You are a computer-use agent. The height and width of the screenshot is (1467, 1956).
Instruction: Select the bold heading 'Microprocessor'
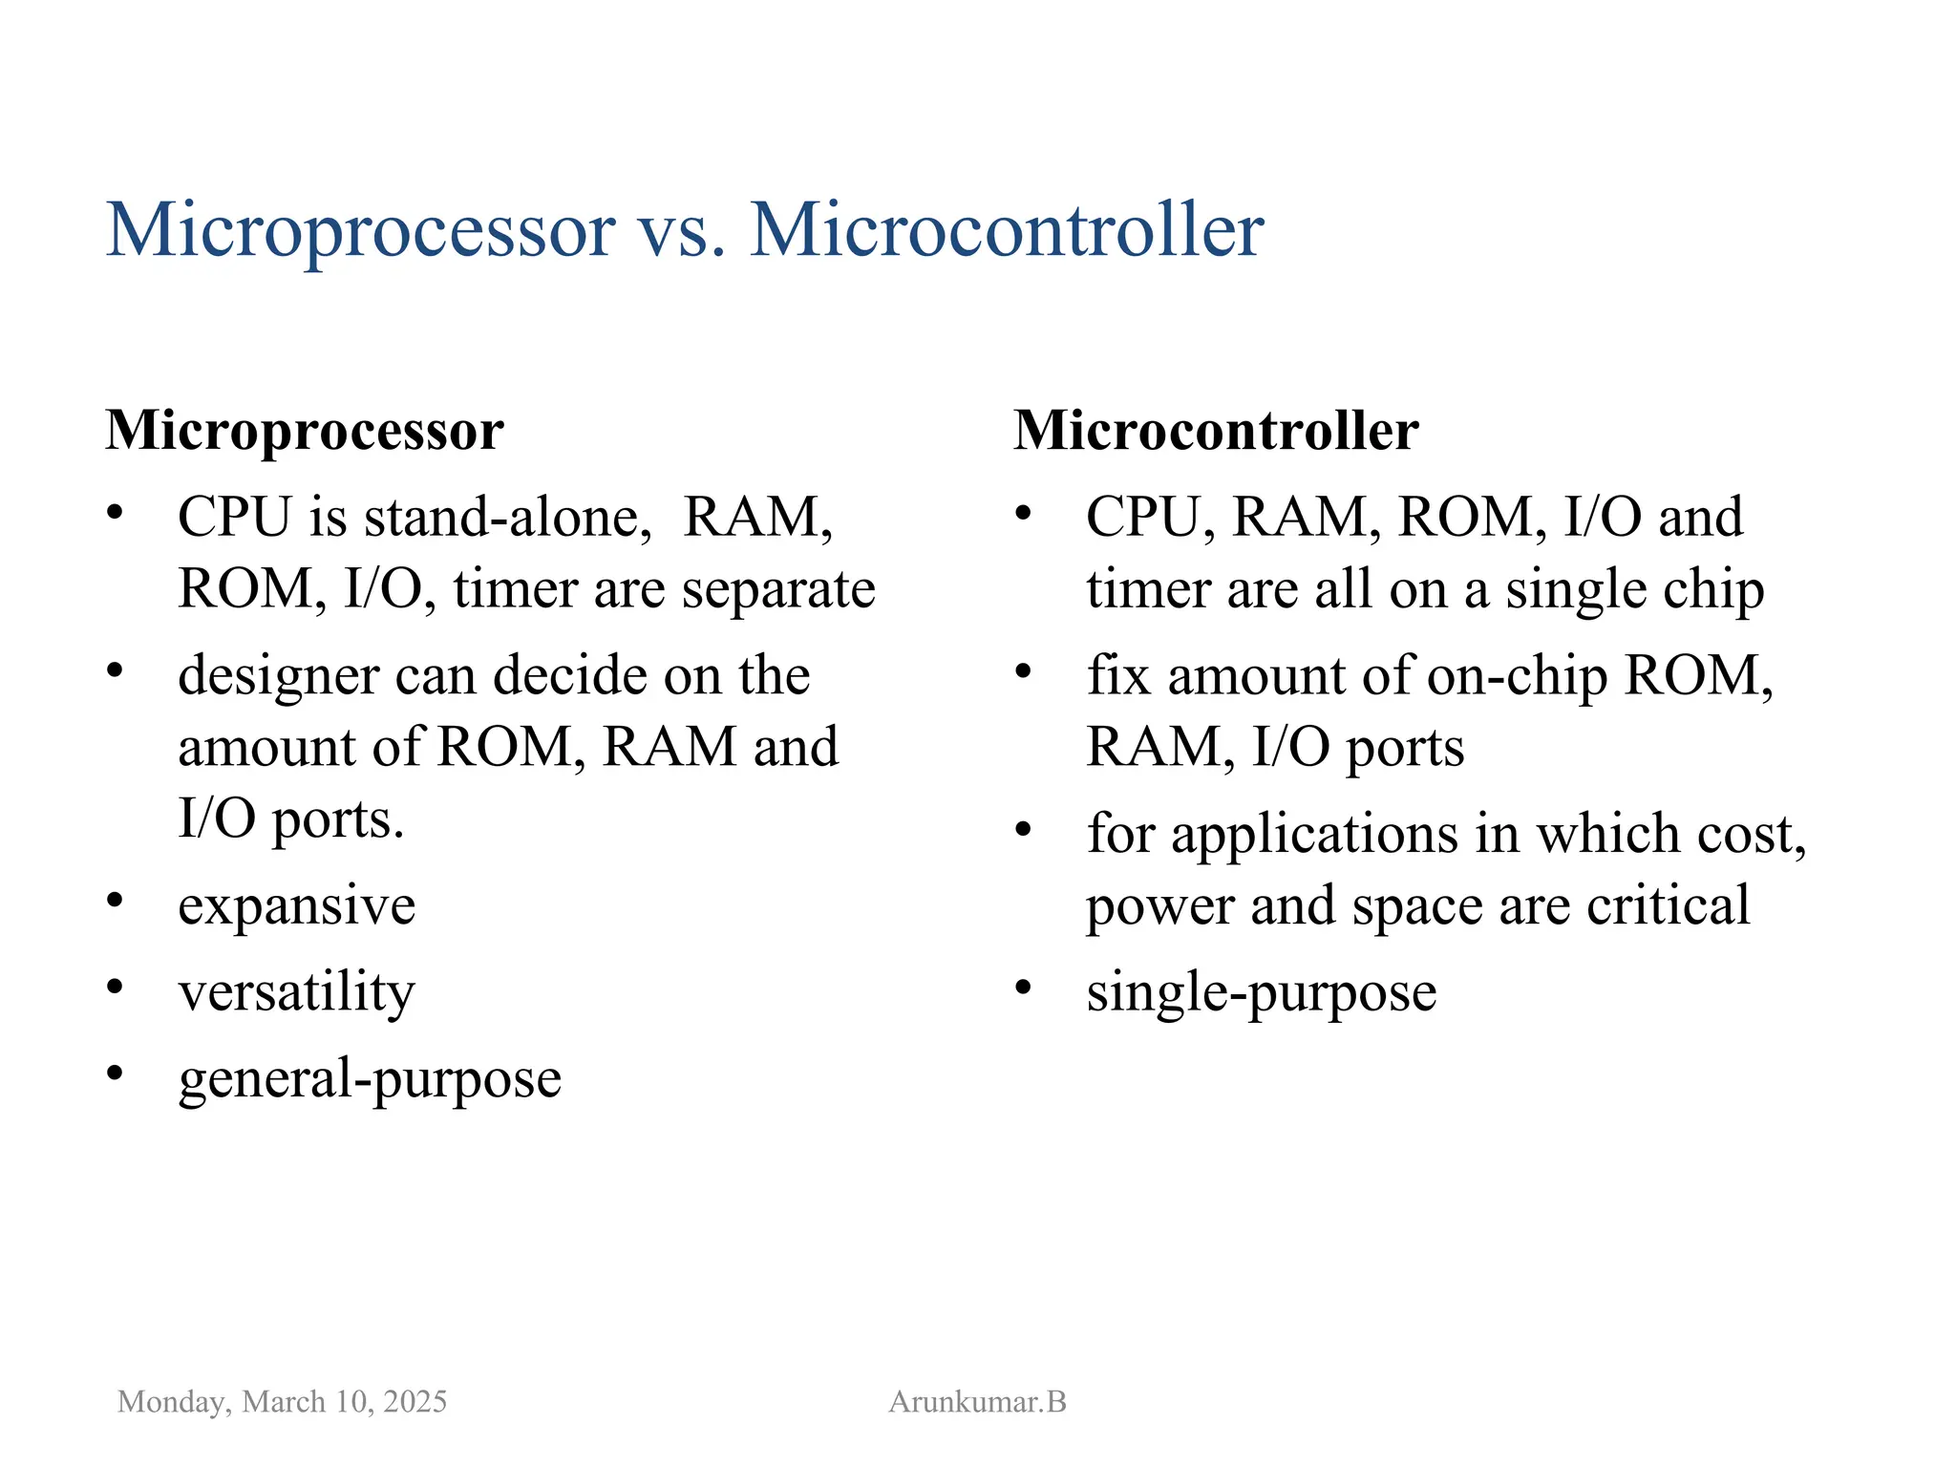[305, 431]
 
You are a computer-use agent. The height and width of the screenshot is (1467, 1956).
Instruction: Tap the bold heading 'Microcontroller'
[1216, 431]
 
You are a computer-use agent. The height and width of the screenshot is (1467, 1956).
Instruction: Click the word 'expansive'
[296, 905]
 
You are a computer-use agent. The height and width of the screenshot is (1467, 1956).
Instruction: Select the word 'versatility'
[296, 992]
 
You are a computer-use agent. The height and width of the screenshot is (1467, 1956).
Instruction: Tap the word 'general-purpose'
[370, 1079]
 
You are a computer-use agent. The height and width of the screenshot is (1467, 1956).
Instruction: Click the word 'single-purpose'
[1261, 992]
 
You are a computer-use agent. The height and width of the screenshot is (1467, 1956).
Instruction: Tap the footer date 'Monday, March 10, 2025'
[282, 1401]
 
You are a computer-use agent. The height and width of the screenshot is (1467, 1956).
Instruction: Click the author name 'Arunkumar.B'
[977, 1401]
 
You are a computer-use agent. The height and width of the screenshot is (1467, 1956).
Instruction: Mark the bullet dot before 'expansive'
[115, 900]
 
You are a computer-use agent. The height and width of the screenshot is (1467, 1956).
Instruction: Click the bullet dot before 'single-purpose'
[1023, 987]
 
